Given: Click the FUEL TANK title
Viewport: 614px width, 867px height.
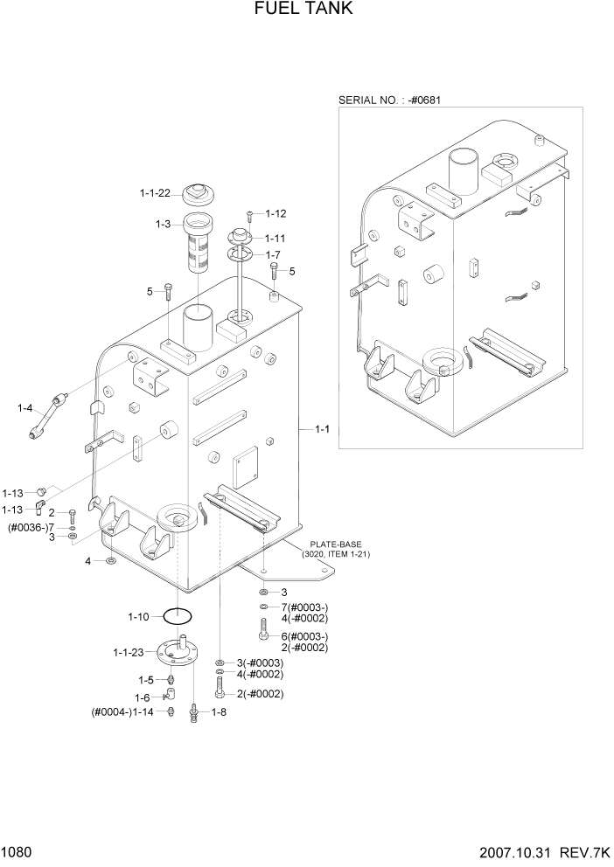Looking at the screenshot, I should click(306, 10).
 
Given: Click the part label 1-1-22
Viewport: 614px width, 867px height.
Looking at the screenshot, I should click(156, 193).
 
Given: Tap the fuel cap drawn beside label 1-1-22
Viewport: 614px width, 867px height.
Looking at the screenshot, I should click(199, 193).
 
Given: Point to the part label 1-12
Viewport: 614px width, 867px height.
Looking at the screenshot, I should click(276, 213).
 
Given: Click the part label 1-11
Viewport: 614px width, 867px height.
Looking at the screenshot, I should click(276, 238).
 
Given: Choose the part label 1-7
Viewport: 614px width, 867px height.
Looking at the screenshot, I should click(275, 254).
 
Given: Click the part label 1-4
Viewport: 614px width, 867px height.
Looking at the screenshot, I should click(24, 407).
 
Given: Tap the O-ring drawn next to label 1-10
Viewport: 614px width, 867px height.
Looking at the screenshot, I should click(178, 616).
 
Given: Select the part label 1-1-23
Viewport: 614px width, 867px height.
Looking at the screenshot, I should click(129, 652).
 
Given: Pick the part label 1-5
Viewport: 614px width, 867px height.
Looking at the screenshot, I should click(145, 679).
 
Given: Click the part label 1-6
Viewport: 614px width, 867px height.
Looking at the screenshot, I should click(142, 697).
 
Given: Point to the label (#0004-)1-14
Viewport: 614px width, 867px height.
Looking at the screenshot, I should click(122, 712).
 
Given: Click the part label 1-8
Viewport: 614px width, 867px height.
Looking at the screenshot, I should click(219, 712).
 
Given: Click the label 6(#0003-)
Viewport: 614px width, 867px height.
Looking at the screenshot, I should click(304, 635).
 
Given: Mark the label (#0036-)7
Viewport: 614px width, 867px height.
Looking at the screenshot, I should click(31, 527).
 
